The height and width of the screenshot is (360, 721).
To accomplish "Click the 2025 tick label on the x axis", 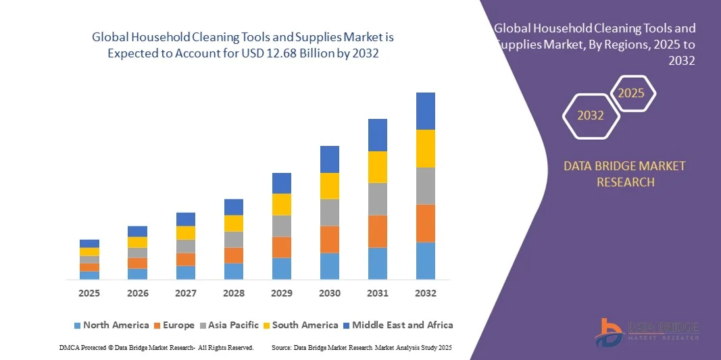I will point(89,293).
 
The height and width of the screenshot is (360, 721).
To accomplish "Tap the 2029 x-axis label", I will point(282,293).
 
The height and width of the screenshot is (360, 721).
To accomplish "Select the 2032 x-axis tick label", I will point(426,293).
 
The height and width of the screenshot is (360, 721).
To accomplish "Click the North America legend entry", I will point(111,325).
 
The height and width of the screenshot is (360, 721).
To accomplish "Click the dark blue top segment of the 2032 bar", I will point(426,111).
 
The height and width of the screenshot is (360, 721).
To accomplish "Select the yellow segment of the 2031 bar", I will point(378,167).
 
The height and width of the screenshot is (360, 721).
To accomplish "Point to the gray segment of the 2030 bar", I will point(330,212).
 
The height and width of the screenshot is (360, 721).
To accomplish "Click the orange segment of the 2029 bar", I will point(282,247).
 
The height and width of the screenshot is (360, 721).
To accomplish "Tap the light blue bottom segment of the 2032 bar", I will point(426,261).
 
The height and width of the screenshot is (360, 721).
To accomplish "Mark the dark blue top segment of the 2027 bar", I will point(186,219).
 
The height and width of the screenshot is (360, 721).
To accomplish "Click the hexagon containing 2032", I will point(591,115).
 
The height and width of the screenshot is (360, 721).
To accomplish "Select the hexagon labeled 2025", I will point(632,93).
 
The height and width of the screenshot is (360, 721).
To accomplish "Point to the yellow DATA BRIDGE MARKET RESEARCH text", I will point(624,174).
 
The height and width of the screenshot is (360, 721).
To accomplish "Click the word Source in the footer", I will point(280,347).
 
